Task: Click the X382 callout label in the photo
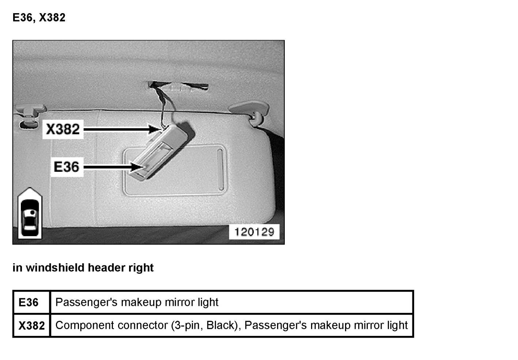point(63,129)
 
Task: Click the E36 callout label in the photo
point(67,167)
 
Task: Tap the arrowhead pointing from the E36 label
point(138,167)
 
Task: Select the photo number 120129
point(254,232)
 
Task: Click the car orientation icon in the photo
point(30,214)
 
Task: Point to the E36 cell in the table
point(29,303)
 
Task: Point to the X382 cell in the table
point(31,325)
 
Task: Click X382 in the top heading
point(52,18)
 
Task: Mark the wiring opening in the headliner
point(178,86)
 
